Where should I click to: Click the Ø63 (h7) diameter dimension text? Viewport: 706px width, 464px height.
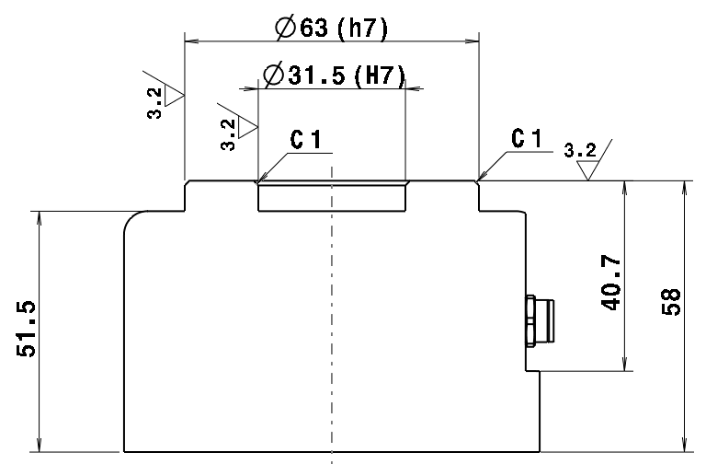point(331,28)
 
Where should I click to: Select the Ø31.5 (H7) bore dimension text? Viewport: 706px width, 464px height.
point(334,75)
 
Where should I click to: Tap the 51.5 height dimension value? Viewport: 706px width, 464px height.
point(26,329)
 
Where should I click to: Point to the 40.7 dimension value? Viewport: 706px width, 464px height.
point(610,283)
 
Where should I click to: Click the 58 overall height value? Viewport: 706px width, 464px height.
point(671,302)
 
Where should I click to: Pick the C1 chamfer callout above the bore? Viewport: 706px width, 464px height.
point(306,139)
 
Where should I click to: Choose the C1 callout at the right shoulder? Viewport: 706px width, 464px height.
point(527,138)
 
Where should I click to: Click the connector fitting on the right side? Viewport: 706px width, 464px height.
point(540,320)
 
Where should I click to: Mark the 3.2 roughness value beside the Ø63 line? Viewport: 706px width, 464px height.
point(154,103)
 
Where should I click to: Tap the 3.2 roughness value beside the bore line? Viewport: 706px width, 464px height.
point(228,134)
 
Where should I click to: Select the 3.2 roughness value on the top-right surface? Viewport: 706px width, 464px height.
point(580,150)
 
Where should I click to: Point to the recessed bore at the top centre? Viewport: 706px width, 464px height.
point(332,196)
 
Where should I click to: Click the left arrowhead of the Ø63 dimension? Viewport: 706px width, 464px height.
point(191,41)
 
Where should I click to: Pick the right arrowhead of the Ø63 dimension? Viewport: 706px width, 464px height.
point(473,41)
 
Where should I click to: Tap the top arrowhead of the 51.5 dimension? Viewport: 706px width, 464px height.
point(40,217)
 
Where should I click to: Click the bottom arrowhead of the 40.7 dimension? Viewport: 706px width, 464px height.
point(624,365)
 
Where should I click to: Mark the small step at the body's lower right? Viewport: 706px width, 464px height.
point(532,371)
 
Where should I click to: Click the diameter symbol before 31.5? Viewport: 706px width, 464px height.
point(273,75)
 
